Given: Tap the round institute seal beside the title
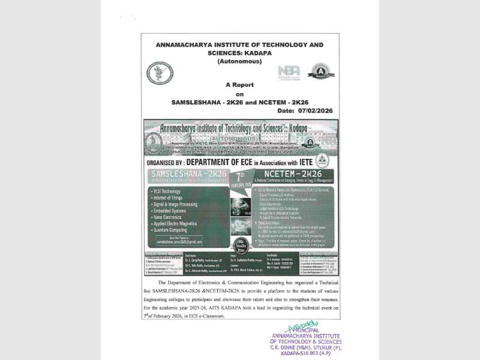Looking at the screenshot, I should point(160,73).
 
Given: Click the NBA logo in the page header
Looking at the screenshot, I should point(289,72).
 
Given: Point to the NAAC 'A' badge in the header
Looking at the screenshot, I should point(321,73).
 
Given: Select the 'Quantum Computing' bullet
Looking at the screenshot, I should point(175,229).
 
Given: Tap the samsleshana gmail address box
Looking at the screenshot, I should point(173,240).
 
